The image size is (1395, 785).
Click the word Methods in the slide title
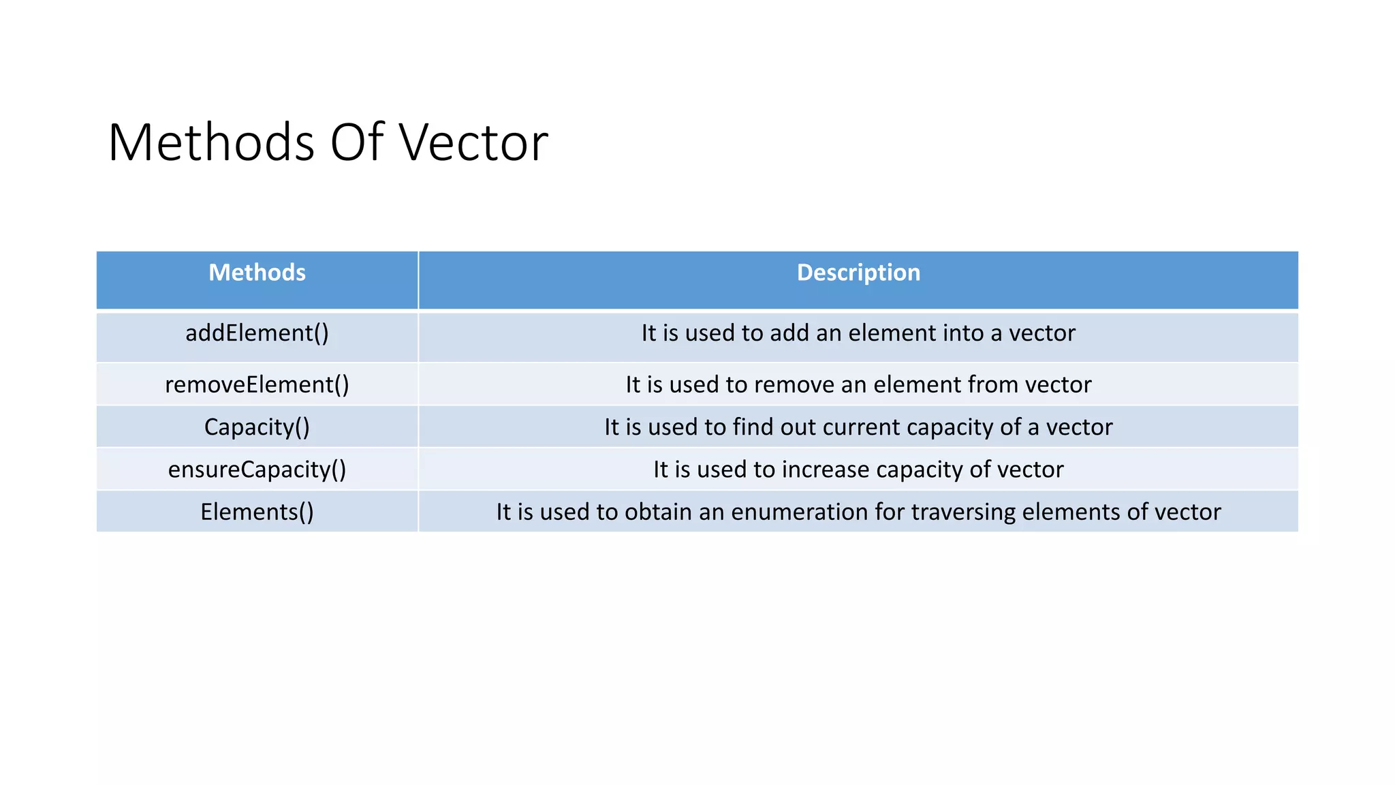point(210,142)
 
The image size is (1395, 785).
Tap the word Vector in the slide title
point(473,142)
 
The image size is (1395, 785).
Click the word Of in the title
point(357,142)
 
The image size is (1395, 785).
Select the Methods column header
point(257,273)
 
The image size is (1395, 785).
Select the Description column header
point(858,273)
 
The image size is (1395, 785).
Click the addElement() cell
point(257,333)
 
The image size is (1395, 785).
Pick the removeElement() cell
point(257,384)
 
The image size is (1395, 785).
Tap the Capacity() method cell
point(257,427)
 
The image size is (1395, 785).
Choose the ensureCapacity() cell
point(257,470)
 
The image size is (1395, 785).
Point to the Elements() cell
point(257,512)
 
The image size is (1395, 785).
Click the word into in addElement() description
point(960,333)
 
